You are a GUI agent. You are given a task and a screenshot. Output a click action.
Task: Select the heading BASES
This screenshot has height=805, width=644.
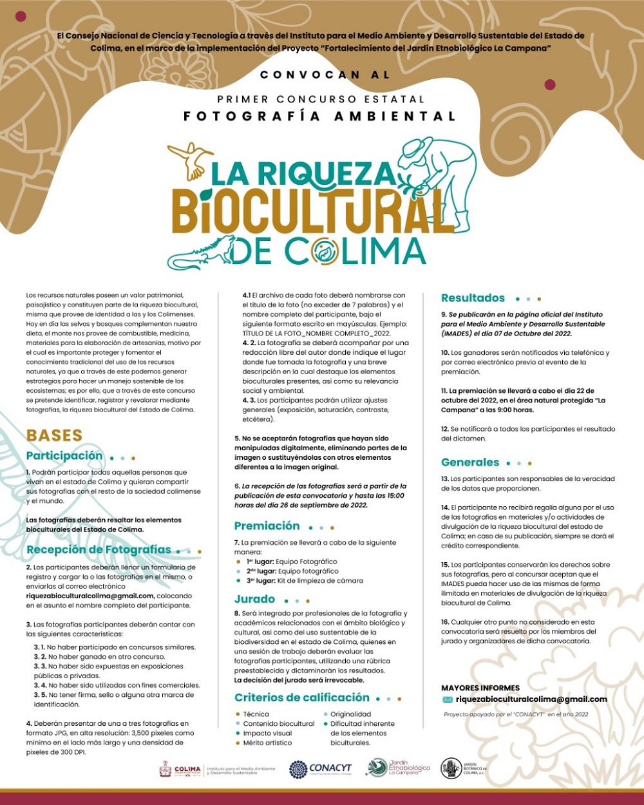click(54, 435)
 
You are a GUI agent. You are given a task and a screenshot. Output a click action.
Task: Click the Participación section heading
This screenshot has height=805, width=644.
click(64, 456)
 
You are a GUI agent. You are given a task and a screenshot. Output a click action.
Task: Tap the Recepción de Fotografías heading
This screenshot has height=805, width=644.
click(99, 550)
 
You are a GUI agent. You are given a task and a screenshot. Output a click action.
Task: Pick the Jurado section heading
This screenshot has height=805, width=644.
click(254, 600)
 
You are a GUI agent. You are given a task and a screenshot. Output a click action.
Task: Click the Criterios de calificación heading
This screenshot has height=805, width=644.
click(301, 697)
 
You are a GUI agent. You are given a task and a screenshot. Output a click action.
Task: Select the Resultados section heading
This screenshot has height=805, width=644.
click(473, 298)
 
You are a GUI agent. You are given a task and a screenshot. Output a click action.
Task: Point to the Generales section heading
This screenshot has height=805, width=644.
click(470, 462)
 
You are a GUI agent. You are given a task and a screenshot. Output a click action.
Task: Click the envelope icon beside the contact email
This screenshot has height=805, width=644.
click(447, 700)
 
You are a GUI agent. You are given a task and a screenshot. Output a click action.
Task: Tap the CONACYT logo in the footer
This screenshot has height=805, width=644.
click(321, 768)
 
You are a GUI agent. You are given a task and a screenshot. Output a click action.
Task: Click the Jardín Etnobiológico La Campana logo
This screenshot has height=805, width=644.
click(398, 768)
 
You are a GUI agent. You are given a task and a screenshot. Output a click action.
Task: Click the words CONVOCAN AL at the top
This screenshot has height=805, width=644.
click(325, 75)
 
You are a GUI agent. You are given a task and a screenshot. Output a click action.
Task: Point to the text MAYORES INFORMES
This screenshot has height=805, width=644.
click(480, 688)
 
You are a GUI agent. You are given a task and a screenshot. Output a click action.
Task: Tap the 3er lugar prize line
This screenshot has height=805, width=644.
click(299, 580)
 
